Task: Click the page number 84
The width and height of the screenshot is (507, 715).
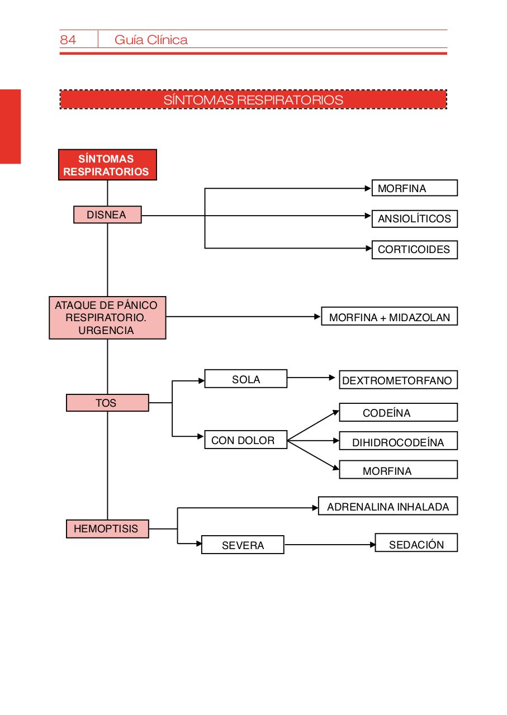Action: click(x=68, y=40)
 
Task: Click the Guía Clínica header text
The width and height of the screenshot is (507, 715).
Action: click(x=151, y=40)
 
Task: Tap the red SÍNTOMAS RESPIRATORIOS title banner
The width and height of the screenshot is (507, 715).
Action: click(x=253, y=99)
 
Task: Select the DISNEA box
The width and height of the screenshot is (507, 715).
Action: click(x=107, y=214)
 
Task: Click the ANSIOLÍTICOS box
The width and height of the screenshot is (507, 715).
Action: click(x=414, y=218)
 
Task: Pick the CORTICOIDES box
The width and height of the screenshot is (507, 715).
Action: click(x=414, y=250)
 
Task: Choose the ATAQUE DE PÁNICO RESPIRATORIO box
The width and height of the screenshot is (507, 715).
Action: click(x=107, y=318)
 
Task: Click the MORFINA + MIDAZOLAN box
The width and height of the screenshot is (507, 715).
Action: click(x=389, y=317)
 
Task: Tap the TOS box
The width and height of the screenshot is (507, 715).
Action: click(x=107, y=402)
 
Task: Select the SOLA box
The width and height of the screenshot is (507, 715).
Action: click(x=245, y=379)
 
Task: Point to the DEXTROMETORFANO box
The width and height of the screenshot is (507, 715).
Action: click(x=398, y=380)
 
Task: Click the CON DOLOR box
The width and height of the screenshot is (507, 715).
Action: click(x=245, y=440)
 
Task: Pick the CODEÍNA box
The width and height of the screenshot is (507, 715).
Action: click(x=398, y=412)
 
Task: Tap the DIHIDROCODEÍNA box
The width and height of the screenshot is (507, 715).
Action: click(x=398, y=442)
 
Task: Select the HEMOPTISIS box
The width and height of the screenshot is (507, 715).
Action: click(x=107, y=528)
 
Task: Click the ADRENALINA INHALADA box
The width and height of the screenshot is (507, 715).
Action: click(x=387, y=506)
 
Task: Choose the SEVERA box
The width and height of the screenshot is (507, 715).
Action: click(x=243, y=545)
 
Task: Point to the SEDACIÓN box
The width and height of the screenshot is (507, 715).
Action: click(x=416, y=544)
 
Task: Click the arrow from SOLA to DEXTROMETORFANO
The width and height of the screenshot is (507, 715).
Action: click(x=311, y=378)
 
